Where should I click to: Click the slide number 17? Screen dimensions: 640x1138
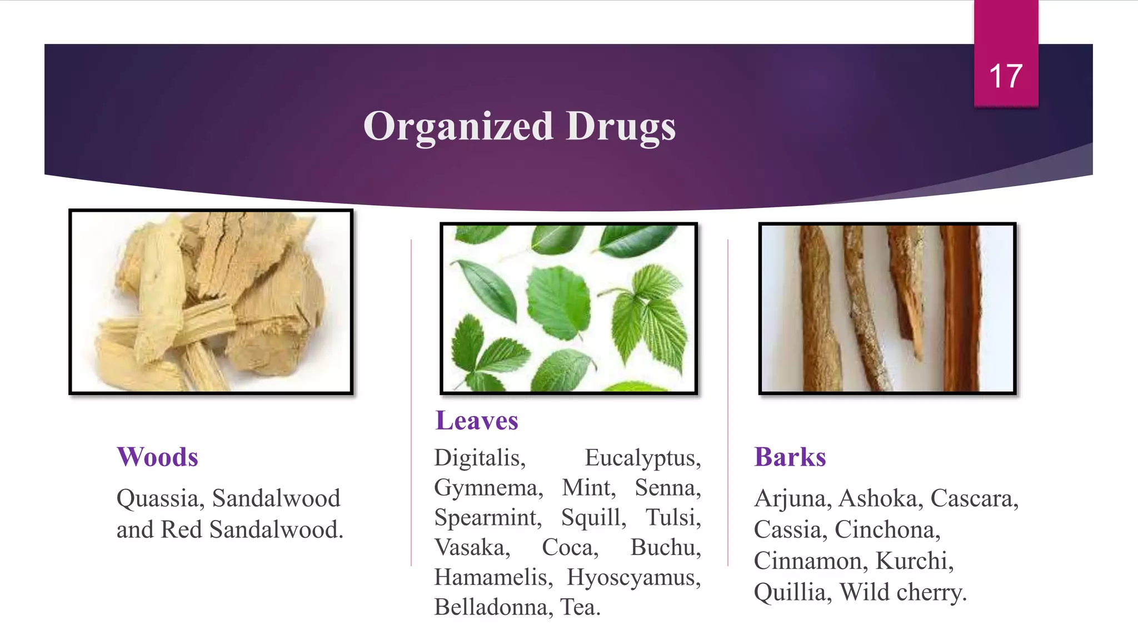pos(1006,76)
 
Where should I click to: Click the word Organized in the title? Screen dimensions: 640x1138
pos(458,126)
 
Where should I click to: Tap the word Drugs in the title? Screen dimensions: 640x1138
pos(621,126)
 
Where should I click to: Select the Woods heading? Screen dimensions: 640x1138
pos(157,457)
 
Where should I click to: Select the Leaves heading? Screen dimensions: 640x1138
pos(476,421)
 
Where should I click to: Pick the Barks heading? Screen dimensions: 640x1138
pos(790,457)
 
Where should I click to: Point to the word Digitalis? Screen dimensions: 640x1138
pos(480,458)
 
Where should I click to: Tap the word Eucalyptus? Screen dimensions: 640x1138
pos(642,458)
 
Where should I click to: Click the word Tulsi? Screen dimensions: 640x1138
pos(672,518)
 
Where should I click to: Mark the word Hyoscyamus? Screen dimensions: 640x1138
pos(633,577)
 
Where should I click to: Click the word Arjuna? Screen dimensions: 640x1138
pos(792,498)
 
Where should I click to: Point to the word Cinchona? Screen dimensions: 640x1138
pos(887,529)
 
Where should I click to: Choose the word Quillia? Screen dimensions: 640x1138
pos(792,592)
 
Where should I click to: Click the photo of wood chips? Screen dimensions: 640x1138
pos(211,302)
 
